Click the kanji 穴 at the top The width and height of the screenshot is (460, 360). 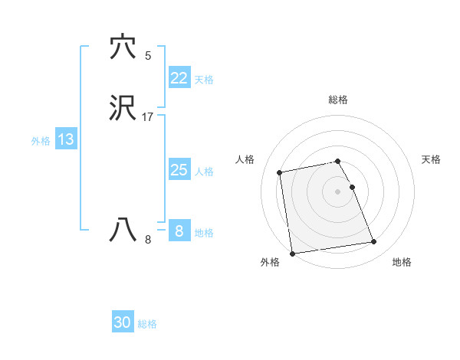[123, 47]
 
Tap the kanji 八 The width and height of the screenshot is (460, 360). [123, 231]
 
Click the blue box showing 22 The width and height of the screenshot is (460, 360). [179, 78]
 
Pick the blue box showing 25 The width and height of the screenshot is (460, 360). [179, 170]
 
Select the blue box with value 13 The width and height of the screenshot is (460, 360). [65, 139]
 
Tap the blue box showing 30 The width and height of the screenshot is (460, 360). [122, 322]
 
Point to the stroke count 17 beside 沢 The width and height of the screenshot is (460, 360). [147, 117]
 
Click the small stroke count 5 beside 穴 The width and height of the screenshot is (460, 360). [147, 55]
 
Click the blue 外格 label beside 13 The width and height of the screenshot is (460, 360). [41, 141]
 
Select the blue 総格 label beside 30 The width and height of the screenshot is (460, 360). [147, 324]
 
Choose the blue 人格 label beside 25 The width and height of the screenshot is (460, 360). [205, 172]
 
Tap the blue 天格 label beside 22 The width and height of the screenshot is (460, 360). [204, 80]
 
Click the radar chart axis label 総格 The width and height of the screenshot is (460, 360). [337, 100]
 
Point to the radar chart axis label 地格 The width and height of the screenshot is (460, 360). [402, 263]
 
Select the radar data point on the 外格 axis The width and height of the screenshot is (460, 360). [292, 253]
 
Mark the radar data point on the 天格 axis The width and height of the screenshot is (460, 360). [352, 187]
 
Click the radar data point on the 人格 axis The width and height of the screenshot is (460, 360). [280, 172]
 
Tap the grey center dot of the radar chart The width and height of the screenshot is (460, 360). [337, 191]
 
